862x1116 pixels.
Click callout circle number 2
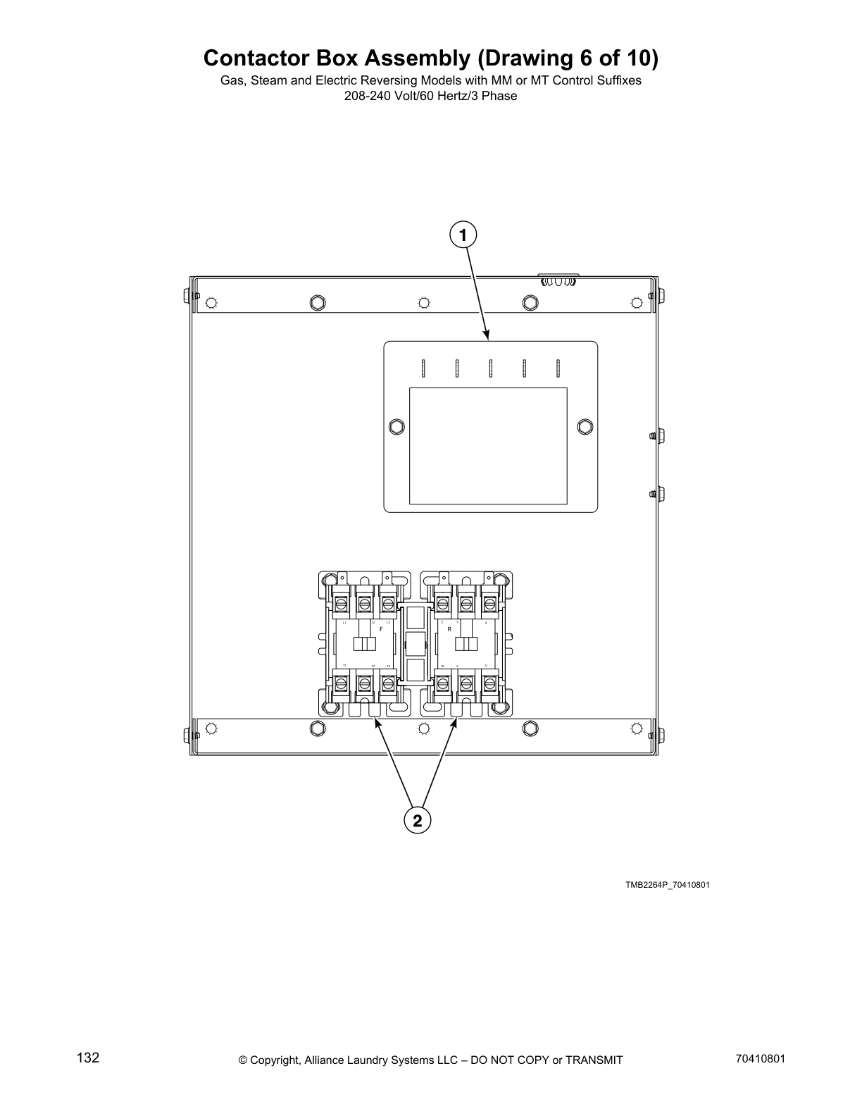tap(417, 821)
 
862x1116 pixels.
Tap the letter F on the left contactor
tap(381, 628)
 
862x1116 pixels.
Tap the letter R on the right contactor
tap(449, 628)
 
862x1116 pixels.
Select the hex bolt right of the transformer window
tap(584, 426)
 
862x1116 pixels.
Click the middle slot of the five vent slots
tap(490, 368)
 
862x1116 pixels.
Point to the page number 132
tap(88, 1058)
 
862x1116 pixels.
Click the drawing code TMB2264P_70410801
tap(667, 885)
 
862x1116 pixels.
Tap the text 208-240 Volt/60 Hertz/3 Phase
tap(430, 96)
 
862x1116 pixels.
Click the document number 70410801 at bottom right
tap(759, 1059)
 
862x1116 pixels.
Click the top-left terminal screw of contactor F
tap(342, 604)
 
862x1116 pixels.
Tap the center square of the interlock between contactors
tap(415, 643)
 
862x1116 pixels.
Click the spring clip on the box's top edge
tap(558, 281)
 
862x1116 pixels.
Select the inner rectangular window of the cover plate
tap(488, 446)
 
